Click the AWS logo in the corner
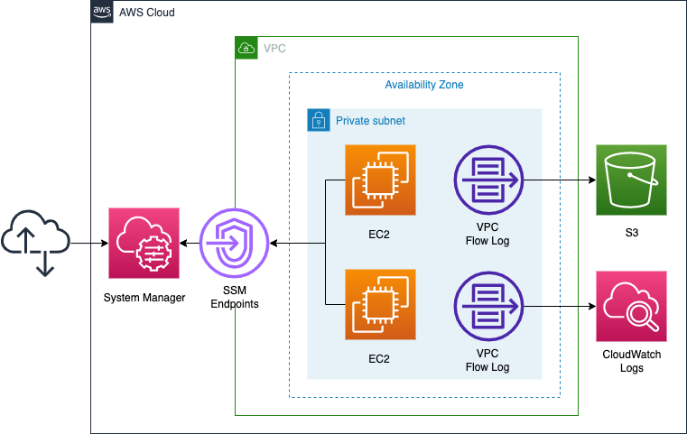click(x=102, y=13)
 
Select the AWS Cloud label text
click(x=147, y=14)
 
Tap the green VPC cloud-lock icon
click(x=246, y=48)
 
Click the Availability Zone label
click(x=424, y=85)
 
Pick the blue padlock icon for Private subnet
click(x=318, y=120)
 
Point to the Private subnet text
click(x=370, y=120)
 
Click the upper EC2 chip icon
click(x=380, y=180)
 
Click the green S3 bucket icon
click(x=631, y=180)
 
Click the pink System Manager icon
click(x=144, y=244)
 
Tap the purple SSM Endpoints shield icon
click(x=235, y=244)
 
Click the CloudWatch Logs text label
click(x=631, y=361)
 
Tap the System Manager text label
click(x=144, y=299)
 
